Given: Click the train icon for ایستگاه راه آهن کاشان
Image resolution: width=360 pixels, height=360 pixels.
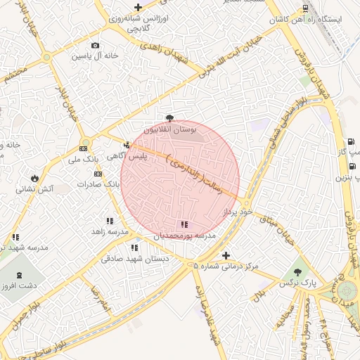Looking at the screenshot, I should pyautogui.click(x=305, y=8).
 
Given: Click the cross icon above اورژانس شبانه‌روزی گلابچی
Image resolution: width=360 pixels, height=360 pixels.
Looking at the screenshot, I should pyautogui.click(x=138, y=8).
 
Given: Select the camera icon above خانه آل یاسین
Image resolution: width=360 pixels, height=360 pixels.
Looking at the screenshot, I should pyautogui.click(x=96, y=46).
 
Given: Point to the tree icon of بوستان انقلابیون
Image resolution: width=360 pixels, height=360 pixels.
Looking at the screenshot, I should pyautogui.click(x=169, y=118).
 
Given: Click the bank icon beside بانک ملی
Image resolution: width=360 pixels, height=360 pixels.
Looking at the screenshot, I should pyautogui.click(x=84, y=148).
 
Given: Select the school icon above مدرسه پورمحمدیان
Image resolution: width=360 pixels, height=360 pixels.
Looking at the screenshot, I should pyautogui.click(x=184, y=224).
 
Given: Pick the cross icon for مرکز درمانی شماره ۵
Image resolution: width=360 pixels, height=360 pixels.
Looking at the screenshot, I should pyautogui.click(x=225, y=256).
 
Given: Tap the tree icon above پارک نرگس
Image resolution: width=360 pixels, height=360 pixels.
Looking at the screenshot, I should pyautogui.click(x=297, y=271).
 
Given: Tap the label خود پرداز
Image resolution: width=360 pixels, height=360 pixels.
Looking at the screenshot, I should pyautogui.click(x=236, y=211).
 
